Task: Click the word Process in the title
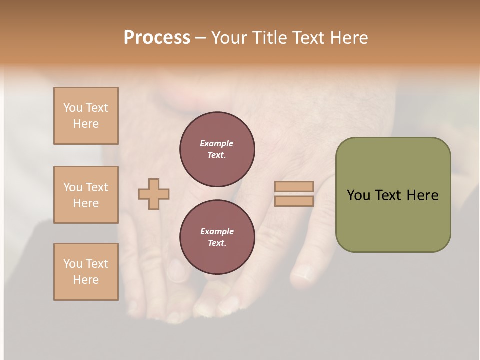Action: pos(157,38)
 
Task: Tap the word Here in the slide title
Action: pos(348,38)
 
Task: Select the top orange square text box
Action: pos(86,116)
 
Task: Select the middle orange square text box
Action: pos(86,195)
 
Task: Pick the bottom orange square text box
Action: pos(86,272)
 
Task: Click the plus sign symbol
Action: pos(154,194)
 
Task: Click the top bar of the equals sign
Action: pos(294,186)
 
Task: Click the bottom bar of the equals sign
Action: pos(294,201)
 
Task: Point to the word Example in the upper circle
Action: pos(216,143)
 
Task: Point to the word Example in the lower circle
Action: pos(217,231)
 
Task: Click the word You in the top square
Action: pos(73,108)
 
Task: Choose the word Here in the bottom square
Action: pos(86,280)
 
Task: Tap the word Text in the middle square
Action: pos(96,187)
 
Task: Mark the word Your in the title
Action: pos(228,38)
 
